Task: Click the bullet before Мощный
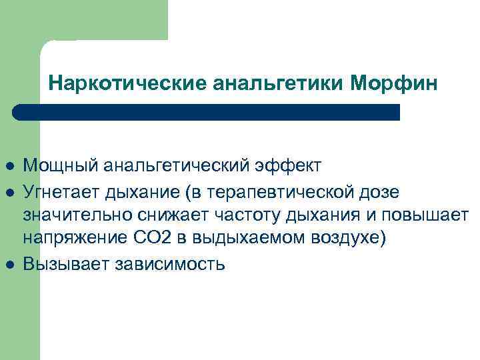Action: (x=8, y=165)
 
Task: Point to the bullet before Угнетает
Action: (x=8, y=193)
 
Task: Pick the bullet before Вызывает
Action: (x=8, y=265)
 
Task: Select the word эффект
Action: (x=292, y=165)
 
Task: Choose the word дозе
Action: (x=377, y=193)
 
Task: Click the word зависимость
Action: (x=173, y=265)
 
